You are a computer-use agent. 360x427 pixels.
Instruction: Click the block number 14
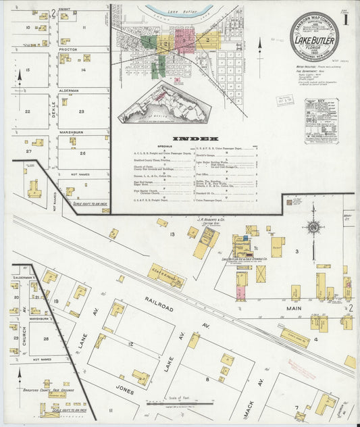(x=83, y=70)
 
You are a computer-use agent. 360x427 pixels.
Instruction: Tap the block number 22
(x=27, y=111)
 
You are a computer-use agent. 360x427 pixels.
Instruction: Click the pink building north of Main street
(x=240, y=292)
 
